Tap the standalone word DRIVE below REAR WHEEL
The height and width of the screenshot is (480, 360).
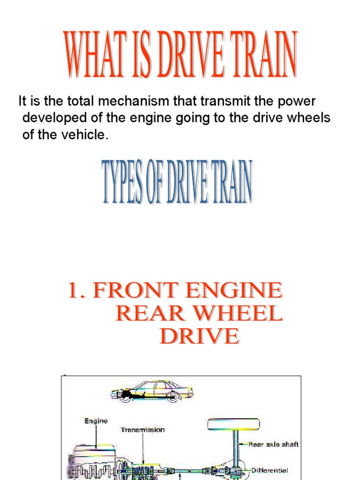point(199,337)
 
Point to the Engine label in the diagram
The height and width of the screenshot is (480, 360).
point(96,421)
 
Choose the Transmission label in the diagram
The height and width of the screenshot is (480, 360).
point(142,430)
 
